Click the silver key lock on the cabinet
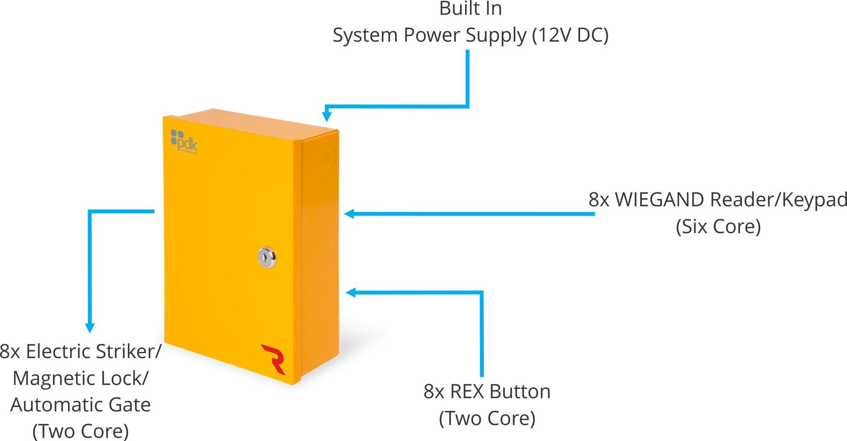[x=267, y=257]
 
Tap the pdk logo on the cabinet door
[x=184, y=141]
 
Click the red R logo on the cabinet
[x=274, y=359]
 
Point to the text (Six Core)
[x=718, y=227]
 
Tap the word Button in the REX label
[x=520, y=392]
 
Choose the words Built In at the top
[x=470, y=9]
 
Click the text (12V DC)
[x=570, y=35]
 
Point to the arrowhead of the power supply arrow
[x=326, y=116]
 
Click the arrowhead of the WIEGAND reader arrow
[x=349, y=214]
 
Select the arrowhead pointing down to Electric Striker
[x=90, y=328]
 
